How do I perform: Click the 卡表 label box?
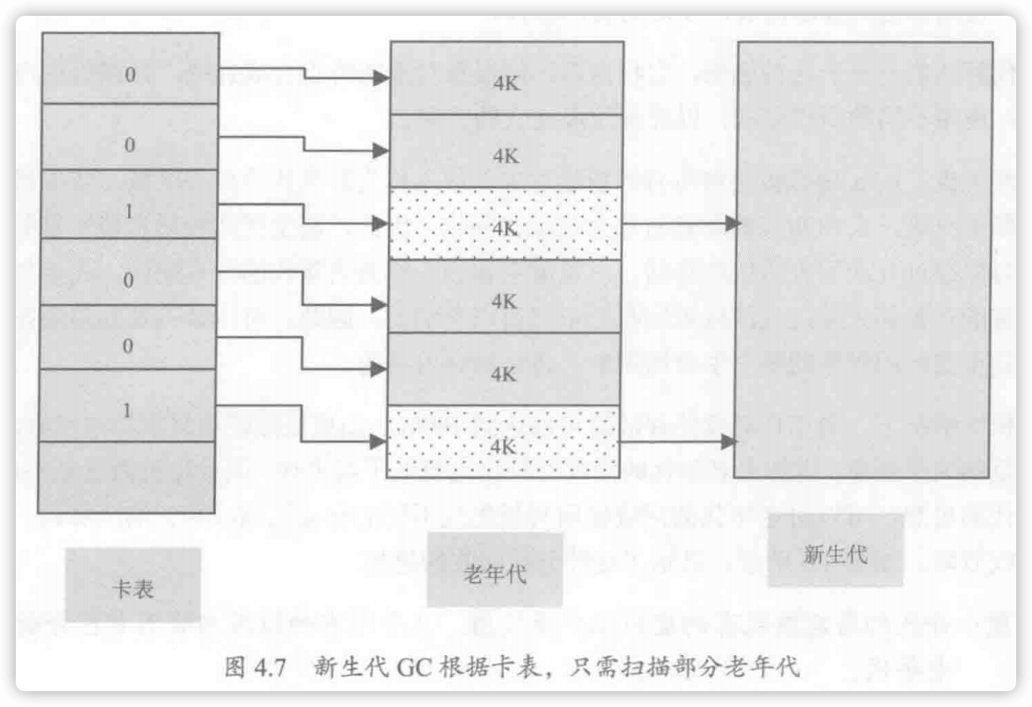[133, 585]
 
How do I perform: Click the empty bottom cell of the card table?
[127, 476]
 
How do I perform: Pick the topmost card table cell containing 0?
[130, 74]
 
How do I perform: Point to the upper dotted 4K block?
[504, 225]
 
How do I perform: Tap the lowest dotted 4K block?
[504, 443]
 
